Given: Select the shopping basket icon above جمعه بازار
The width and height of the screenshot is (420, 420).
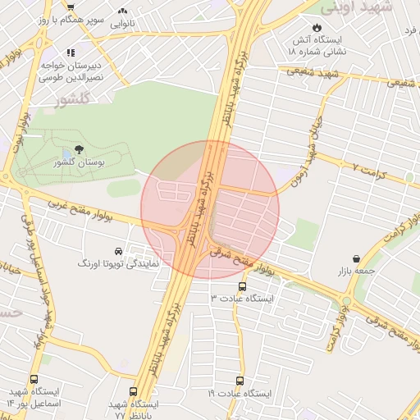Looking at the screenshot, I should pos(356,258).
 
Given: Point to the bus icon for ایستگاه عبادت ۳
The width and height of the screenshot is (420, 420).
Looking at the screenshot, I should pos(242,287).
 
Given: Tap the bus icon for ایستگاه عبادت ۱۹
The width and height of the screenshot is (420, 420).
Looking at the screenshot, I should pos(240,381).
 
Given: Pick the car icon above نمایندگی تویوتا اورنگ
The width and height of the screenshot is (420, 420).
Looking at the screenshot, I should pos(119,250).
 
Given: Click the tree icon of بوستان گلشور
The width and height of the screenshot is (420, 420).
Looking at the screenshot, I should pos(79,149).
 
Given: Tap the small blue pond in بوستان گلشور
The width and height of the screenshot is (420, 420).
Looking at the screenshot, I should pos(66,154).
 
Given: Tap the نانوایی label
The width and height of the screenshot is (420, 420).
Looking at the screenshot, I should pos(122,24).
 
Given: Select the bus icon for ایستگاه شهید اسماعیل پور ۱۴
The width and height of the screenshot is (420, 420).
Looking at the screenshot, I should pos(34,380).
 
